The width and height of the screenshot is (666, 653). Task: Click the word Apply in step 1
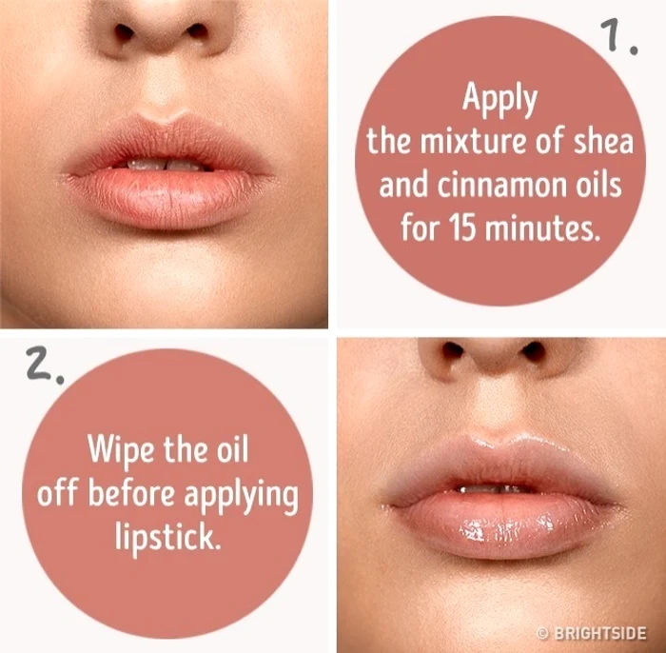(x=499, y=99)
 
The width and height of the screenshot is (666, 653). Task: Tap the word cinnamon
(x=503, y=186)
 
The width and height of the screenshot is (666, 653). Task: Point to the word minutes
(x=542, y=228)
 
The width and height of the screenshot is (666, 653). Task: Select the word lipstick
(x=168, y=538)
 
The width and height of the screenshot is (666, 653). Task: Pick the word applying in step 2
(x=242, y=497)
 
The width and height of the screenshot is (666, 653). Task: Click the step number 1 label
(x=618, y=36)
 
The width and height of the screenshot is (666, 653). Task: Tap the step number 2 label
(x=45, y=365)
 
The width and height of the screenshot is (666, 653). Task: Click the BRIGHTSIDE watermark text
(x=600, y=633)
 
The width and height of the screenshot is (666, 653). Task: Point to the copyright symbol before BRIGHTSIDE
(x=542, y=633)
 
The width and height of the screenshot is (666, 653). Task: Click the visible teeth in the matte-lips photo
(x=166, y=165)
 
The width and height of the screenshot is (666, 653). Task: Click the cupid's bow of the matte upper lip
(x=164, y=119)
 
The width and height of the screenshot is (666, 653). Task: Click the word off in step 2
(x=58, y=493)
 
